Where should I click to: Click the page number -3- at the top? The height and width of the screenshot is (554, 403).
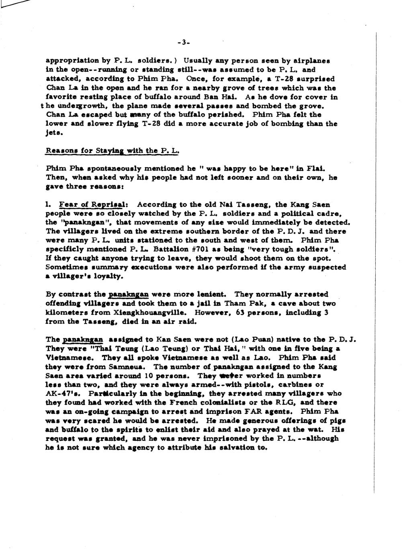tap(182, 42)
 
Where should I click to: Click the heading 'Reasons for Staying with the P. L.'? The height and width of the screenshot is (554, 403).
tap(112, 151)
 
